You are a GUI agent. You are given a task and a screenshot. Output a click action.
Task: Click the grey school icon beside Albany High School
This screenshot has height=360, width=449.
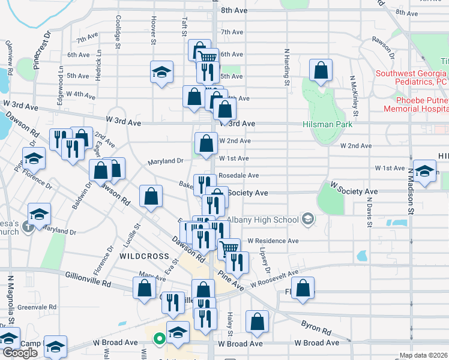(308, 219)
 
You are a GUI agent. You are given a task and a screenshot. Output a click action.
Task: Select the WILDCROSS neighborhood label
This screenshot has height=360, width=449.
(144, 256)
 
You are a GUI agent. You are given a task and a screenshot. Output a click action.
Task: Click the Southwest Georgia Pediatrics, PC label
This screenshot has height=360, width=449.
(412, 78)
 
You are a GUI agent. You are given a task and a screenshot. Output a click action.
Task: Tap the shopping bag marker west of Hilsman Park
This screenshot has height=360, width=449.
(321, 70)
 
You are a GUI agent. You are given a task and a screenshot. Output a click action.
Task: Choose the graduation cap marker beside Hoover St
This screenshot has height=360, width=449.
(161, 72)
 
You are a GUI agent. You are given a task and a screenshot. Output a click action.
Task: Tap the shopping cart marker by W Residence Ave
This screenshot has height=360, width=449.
(229, 248)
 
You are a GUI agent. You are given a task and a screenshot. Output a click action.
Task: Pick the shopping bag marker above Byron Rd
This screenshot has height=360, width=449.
(258, 322)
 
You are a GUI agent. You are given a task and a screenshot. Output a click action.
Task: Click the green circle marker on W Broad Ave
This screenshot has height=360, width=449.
(159, 339)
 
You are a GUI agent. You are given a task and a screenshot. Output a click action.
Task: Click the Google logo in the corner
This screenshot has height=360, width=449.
(20, 353)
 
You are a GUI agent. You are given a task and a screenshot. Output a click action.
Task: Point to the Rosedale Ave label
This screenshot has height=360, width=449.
(238, 175)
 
